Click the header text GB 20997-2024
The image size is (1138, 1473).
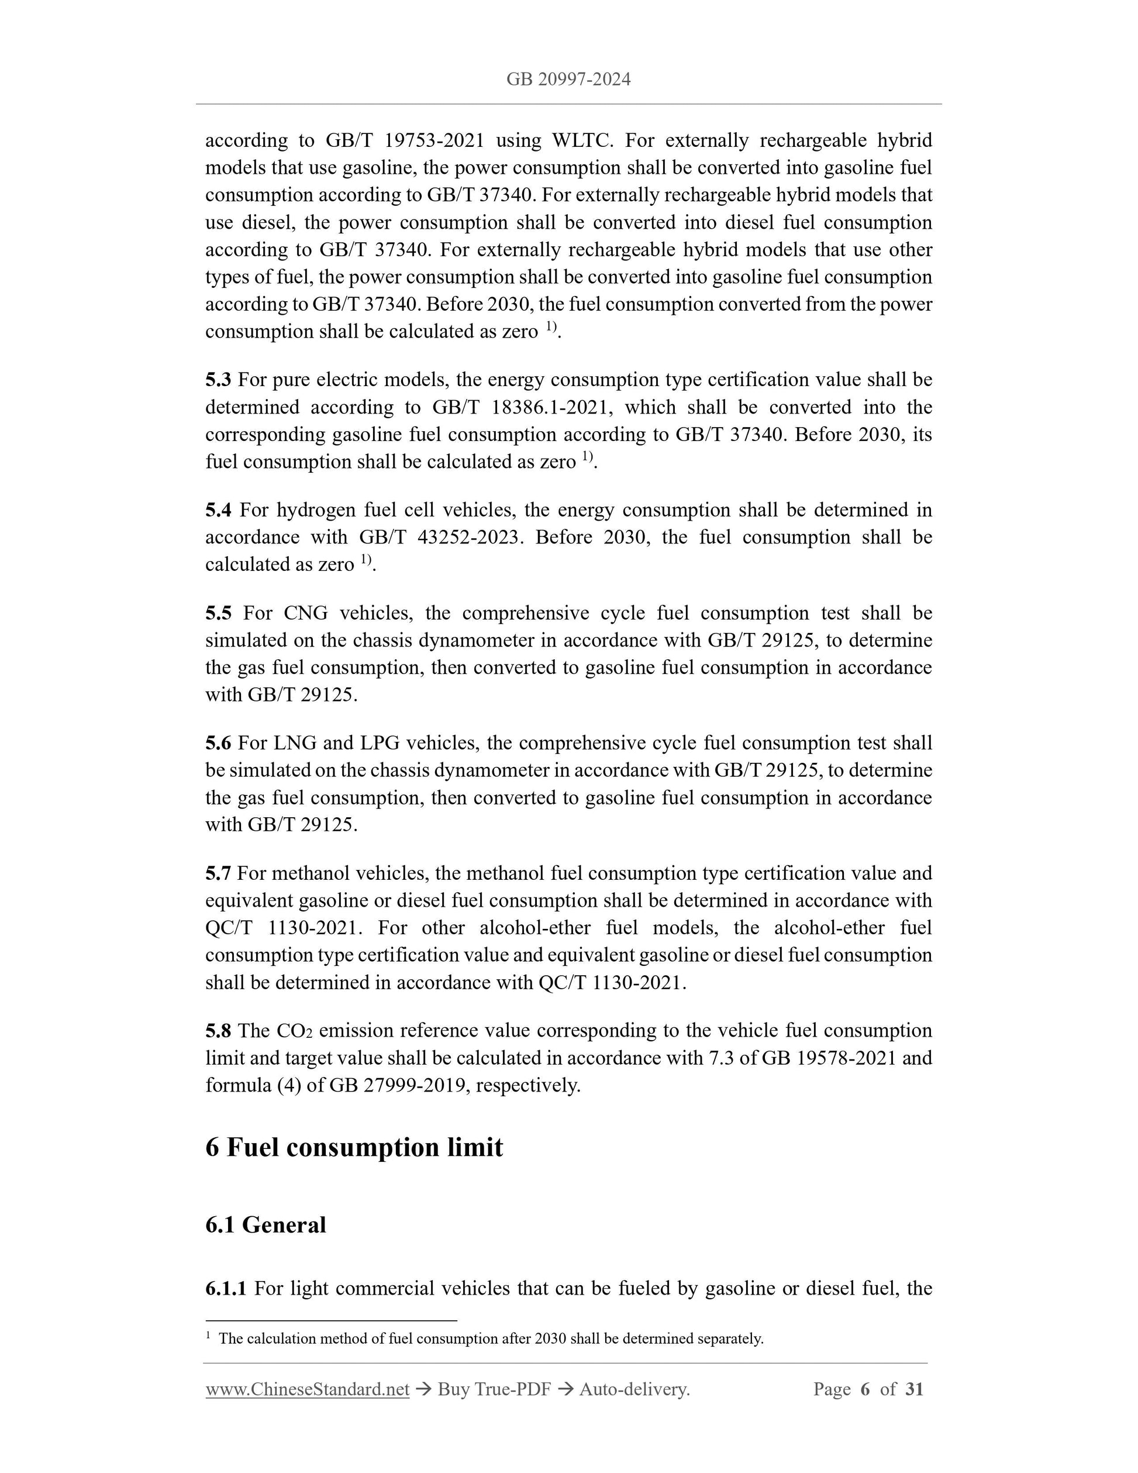[568, 80]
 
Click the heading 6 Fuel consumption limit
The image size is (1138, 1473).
[354, 1147]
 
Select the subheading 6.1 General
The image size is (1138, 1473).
[265, 1224]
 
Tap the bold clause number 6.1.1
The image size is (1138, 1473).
[226, 1288]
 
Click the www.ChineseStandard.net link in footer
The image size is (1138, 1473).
[308, 1389]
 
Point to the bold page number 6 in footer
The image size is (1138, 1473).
[865, 1389]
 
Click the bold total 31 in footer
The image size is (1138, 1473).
[914, 1389]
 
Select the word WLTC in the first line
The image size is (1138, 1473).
[581, 140]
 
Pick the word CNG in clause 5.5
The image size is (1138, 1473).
[305, 613]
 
